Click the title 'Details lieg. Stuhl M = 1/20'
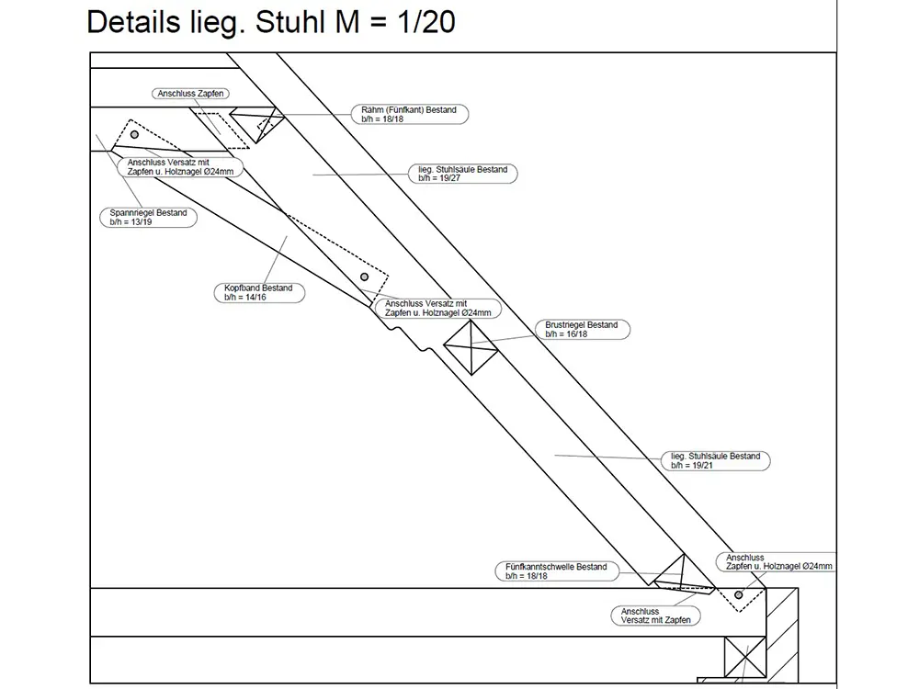click(x=270, y=22)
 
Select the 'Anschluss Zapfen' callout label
click(x=191, y=94)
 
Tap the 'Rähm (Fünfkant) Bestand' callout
click(x=409, y=114)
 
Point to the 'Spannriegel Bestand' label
click(x=148, y=218)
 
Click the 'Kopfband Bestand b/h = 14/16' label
click(x=258, y=293)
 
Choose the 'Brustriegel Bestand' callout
click(x=581, y=330)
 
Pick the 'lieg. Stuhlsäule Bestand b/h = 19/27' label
click(x=462, y=175)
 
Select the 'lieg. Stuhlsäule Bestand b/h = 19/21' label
click(x=715, y=460)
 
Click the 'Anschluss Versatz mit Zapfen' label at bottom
click(x=653, y=616)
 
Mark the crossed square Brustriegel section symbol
click(x=471, y=348)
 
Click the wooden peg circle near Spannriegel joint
click(x=134, y=135)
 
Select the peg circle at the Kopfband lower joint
click(x=365, y=277)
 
